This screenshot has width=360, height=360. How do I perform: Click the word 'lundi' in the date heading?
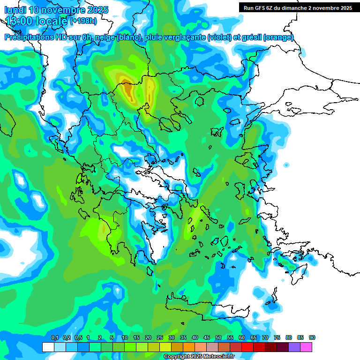(15, 10)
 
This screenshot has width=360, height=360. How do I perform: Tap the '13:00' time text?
(22, 21)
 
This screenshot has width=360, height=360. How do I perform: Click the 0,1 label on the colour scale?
(54, 337)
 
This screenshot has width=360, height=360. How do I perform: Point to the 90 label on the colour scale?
(312, 337)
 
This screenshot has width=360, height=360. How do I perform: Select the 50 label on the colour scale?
(218, 337)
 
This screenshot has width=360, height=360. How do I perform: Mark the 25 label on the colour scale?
(160, 337)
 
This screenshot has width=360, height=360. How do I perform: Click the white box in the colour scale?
(48, 347)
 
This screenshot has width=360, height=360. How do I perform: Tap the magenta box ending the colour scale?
(306, 347)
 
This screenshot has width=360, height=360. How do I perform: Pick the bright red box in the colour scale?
(247, 347)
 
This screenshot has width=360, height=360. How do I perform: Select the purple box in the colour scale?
(294, 347)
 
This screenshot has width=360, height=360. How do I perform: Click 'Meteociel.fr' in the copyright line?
(219, 357)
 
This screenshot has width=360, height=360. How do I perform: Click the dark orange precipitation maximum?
(127, 88)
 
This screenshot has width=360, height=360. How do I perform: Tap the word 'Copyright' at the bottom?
(176, 357)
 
